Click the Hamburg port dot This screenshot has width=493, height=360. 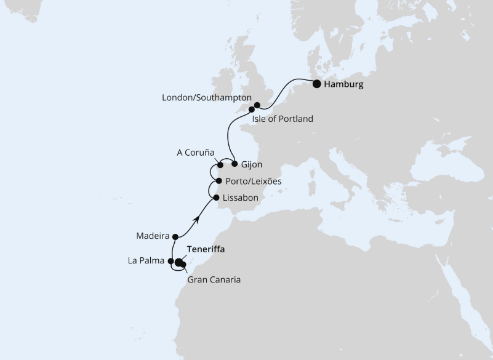[316, 84]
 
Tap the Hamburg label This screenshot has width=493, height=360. [343, 85]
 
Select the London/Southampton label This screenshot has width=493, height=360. [207, 98]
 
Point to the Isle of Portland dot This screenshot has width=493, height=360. [252, 110]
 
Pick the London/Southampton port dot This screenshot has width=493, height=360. [258, 105]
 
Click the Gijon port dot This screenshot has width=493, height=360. [234, 164]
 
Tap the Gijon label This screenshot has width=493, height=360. [253, 165]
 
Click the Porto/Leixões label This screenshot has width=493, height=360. [254, 182]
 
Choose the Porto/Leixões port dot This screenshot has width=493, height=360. [220, 181]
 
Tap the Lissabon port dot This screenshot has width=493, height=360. [215, 197]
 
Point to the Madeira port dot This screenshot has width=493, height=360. [175, 236]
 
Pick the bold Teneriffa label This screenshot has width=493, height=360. [206, 250]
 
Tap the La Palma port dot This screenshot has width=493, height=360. [171, 262]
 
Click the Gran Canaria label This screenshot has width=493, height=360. [214, 279]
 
